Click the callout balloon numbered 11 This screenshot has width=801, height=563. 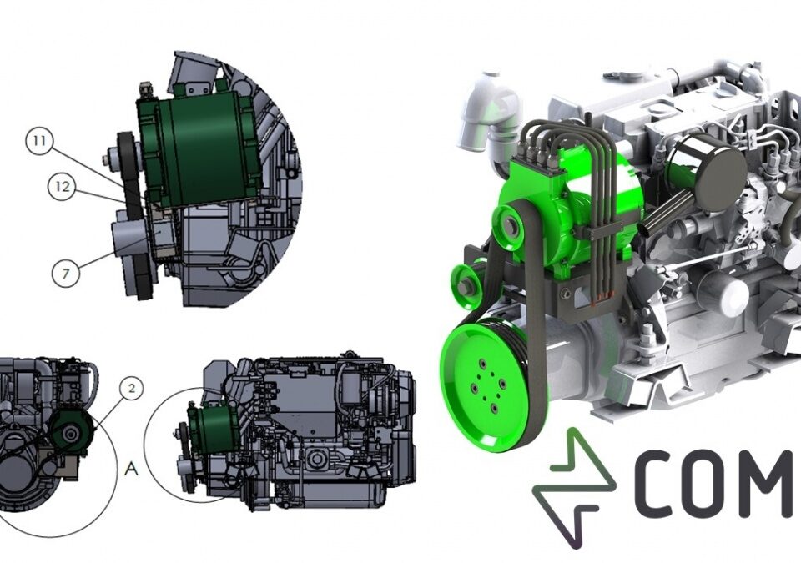pyautogui.click(x=39, y=142)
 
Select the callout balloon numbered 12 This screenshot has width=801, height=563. pyautogui.click(x=62, y=187)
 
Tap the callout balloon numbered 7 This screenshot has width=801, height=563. pyautogui.click(x=66, y=274)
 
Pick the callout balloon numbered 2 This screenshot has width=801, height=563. pyautogui.click(x=132, y=389)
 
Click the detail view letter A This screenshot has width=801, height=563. pyautogui.click(x=131, y=468)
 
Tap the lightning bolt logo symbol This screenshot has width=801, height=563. pyautogui.click(x=573, y=487)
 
